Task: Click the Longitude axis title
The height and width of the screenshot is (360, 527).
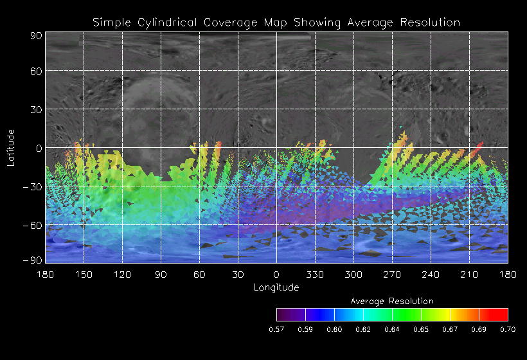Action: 276,287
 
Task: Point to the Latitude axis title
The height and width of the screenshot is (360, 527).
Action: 11,148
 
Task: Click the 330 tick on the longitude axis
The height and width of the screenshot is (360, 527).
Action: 315,274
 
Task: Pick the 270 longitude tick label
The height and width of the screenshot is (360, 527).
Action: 392,274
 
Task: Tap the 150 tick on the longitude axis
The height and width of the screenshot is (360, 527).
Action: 84,274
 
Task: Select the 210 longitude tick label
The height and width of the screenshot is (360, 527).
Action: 469,274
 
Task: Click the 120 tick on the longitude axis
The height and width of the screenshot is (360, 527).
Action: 122,274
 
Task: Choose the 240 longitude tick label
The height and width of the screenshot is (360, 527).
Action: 431,274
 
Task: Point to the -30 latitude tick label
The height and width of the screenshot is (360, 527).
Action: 34,187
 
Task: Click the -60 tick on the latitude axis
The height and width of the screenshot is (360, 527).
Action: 34,226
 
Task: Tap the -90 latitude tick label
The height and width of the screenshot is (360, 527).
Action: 34,260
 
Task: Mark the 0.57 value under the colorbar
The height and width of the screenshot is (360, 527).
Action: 276,329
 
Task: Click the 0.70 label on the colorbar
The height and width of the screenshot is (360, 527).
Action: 508,329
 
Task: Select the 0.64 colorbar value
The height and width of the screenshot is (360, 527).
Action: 392,329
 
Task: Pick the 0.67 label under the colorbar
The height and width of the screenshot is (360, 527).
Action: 450,329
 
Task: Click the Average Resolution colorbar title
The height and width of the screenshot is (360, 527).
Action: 392,301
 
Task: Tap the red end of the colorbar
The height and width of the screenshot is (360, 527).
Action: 501,314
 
